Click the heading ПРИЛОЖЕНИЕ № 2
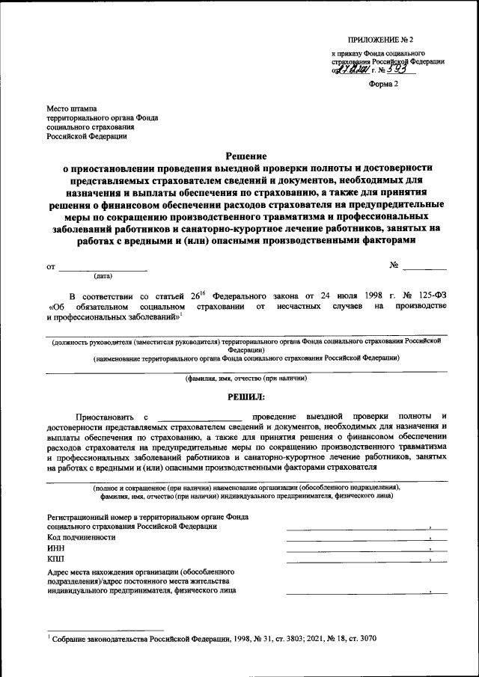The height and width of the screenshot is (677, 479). click(x=379, y=38)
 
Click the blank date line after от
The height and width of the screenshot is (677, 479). click(x=103, y=267)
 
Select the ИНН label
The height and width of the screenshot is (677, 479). click(x=55, y=548)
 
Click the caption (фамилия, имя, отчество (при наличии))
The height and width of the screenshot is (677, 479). click(x=246, y=378)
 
